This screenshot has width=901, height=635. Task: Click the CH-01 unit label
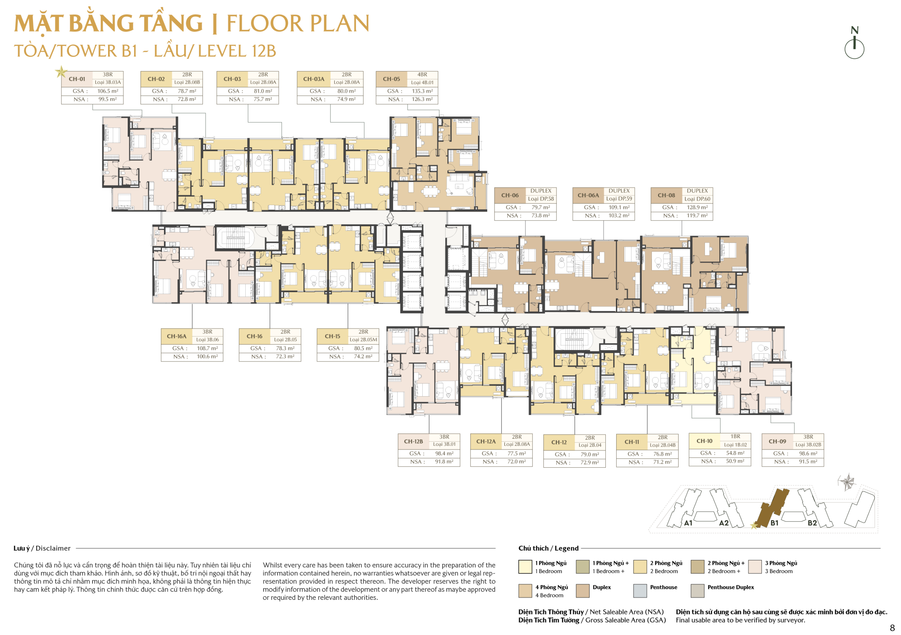(x=77, y=79)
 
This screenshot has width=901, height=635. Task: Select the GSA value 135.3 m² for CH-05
(x=422, y=91)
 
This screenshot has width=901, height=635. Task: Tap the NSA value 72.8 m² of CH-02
(x=187, y=99)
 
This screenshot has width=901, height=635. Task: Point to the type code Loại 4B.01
(x=422, y=82)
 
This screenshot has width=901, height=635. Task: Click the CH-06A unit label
(x=588, y=195)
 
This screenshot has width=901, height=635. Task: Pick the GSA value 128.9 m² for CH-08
(x=697, y=207)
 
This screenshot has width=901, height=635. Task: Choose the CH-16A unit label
(x=177, y=336)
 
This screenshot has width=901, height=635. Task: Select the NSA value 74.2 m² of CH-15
(x=363, y=357)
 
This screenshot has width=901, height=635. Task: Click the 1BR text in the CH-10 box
(x=735, y=436)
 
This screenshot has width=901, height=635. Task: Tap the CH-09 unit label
(x=777, y=441)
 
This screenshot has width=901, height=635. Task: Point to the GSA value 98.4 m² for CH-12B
(x=444, y=454)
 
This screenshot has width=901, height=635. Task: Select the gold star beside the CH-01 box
(x=61, y=72)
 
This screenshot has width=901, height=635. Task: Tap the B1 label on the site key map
(x=774, y=523)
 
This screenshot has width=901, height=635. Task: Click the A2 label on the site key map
(x=724, y=523)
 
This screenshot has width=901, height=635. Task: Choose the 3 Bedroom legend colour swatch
(x=755, y=567)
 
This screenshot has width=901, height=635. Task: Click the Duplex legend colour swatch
(x=583, y=591)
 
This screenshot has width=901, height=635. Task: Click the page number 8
(x=892, y=628)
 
